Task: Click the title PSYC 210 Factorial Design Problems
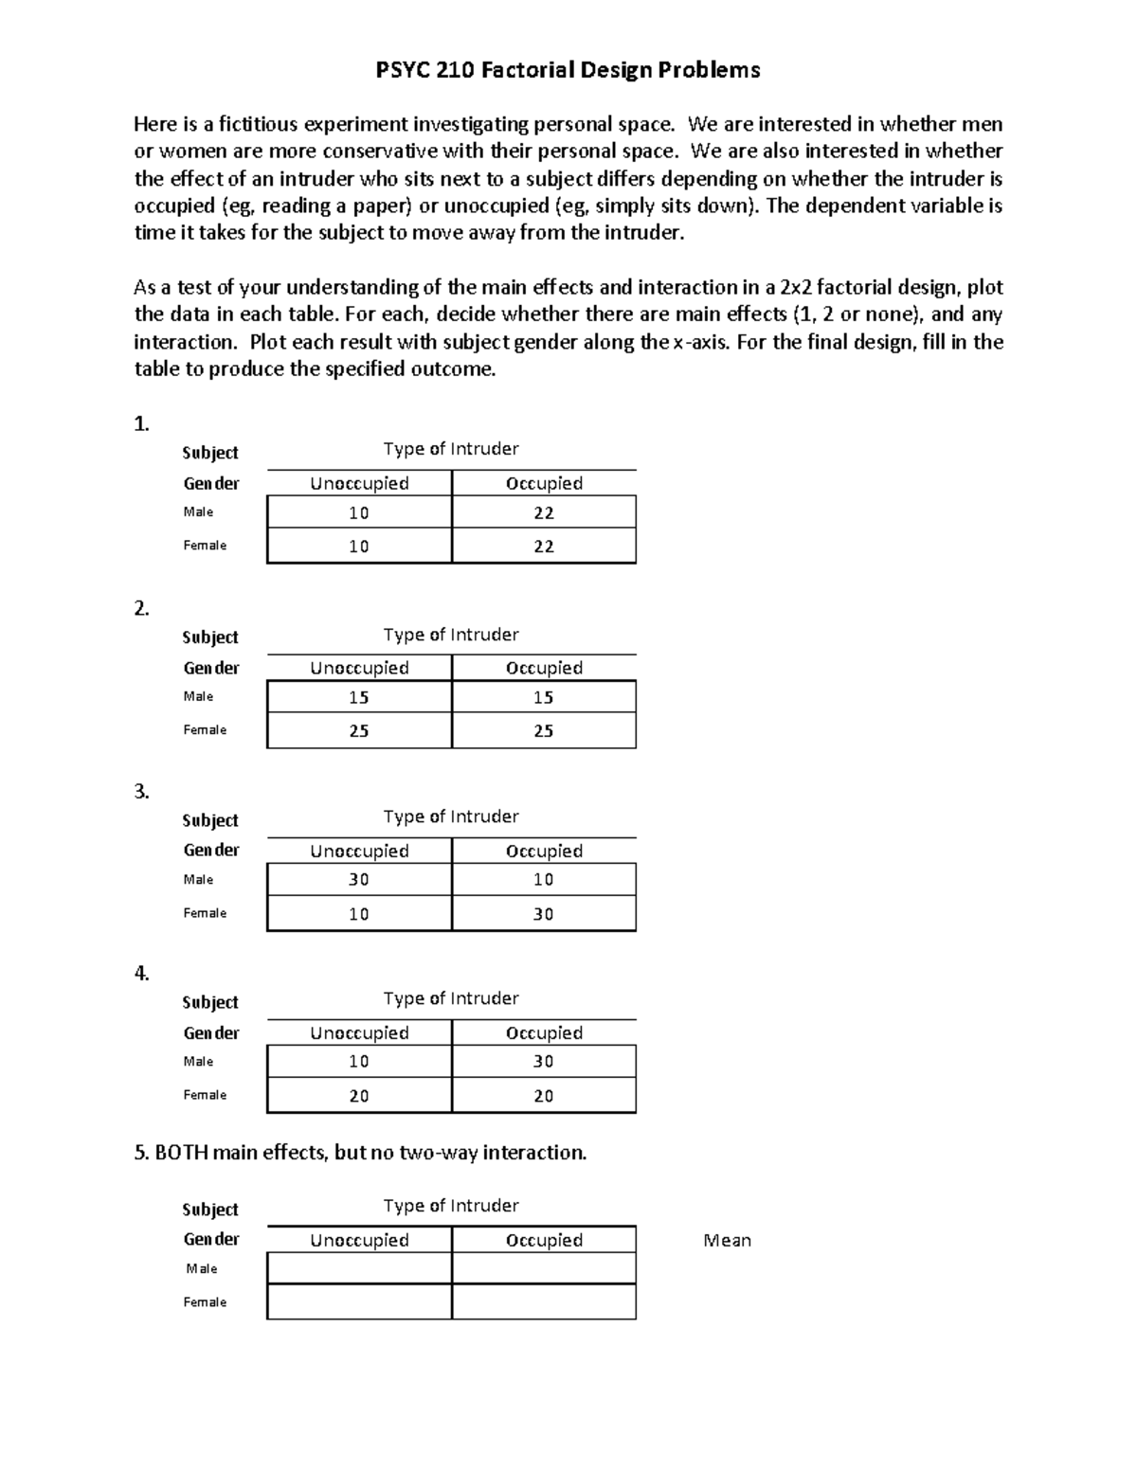[x=568, y=69]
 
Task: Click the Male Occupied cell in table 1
[x=544, y=512]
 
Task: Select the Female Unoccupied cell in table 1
[x=359, y=547]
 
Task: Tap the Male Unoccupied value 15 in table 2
[x=359, y=697]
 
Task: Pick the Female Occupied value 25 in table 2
[x=544, y=731]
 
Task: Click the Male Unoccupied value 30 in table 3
[x=359, y=880]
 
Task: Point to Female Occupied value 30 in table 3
[x=544, y=914]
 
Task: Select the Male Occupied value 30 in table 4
[x=544, y=1062]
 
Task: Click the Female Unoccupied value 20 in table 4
[x=359, y=1096]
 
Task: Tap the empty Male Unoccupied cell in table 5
[x=359, y=1268]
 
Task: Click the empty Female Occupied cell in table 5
[x=544, y=1302]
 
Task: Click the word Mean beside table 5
[x=727, y=1241]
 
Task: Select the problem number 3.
[x=141, y=792]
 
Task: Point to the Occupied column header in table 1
[x=544, y=484]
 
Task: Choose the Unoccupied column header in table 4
[x=359, y=1033]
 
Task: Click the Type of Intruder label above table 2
[x=451, y=635]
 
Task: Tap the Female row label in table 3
[x=205, y=913]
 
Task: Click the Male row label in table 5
[x=202, y=1268]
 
